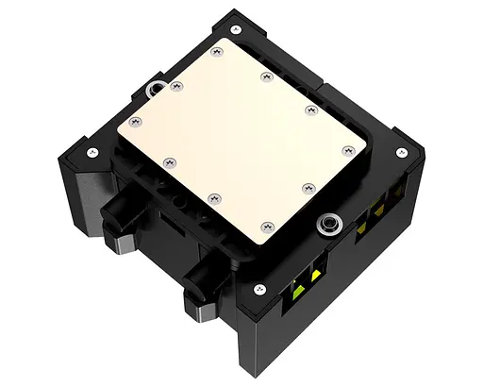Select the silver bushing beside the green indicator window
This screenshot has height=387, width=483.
coord(329,224)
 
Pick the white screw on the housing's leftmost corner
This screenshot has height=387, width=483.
coord(91,150)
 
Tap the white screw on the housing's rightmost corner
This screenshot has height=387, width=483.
coord(400,153)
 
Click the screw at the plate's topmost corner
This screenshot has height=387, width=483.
coord(219,50)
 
